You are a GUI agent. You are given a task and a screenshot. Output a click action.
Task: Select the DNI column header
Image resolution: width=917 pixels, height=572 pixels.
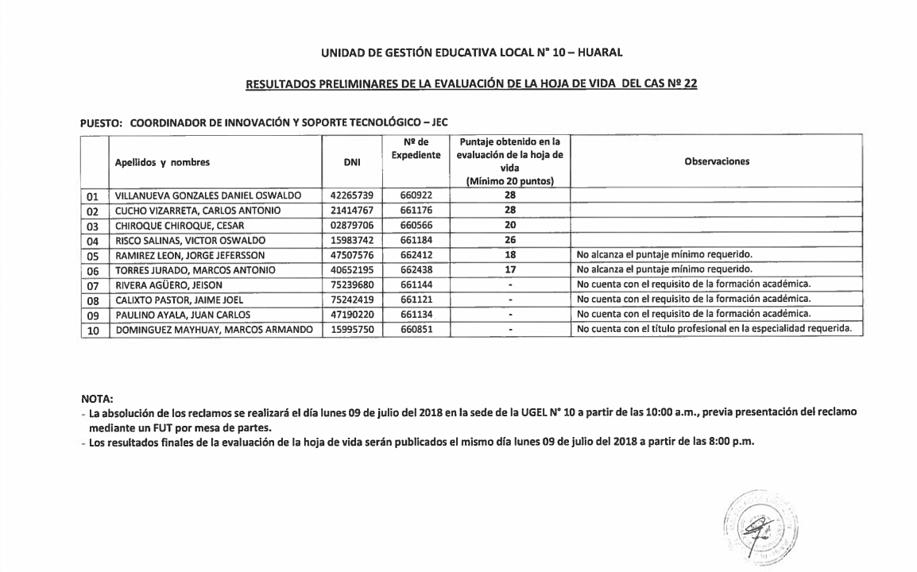(x=352, y=162)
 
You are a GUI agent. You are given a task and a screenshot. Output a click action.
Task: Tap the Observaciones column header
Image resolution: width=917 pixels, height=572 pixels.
(x=717, y=161)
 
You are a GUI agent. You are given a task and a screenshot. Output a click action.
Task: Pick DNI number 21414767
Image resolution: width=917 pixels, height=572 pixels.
(x=352, y=211)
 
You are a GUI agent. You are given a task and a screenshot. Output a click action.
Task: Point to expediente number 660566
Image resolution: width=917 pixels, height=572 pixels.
(x=416, y=226)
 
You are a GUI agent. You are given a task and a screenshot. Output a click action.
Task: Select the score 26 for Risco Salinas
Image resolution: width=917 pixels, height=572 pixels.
(x=510, y=241)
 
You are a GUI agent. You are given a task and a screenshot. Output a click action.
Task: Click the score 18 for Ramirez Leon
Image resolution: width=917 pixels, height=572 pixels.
(x=510, y=255)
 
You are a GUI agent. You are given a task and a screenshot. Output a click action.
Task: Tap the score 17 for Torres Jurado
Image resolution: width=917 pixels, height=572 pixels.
(x=510, y=270)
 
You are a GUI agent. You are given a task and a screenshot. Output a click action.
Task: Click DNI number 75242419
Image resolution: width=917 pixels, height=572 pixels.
(x=352, y=300)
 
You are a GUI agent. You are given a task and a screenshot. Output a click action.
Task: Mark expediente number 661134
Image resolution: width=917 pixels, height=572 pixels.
(x=416, y=315)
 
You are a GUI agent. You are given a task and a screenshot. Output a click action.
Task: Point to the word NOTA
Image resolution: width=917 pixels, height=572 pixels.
(x=98, y=398)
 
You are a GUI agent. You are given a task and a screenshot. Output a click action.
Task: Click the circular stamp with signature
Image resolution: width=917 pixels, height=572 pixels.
(x=760, y=528)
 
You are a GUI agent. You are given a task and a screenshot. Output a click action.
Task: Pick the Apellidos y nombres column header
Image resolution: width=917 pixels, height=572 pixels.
(x=162, y=162)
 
